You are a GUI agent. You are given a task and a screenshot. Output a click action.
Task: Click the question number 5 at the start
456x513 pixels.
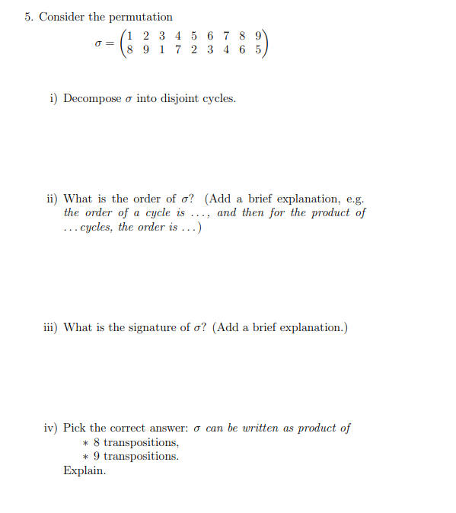point(28,17)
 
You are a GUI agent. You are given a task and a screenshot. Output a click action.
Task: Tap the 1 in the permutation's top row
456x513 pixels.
point(130,35)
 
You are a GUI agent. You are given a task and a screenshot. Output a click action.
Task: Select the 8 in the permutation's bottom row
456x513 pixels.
point(130,49)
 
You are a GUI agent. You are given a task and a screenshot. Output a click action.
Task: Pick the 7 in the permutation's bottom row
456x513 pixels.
point(177,49)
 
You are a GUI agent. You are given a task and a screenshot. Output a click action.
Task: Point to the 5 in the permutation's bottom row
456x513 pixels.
point(258,49)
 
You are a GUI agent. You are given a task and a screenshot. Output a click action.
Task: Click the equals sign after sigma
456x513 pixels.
point(110,43)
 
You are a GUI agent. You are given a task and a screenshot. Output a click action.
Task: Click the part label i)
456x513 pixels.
point(53,98)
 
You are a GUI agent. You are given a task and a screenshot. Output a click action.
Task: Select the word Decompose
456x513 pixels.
point(92,98)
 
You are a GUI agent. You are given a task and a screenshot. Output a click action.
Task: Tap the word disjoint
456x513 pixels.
point(178,98)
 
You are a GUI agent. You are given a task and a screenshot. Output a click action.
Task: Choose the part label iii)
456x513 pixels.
point(50,327)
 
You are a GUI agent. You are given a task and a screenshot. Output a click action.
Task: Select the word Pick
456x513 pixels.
point(75,428)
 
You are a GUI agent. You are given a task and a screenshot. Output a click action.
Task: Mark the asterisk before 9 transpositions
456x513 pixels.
point(86,457)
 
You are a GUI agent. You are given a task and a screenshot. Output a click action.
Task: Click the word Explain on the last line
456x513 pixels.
point(85,470)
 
